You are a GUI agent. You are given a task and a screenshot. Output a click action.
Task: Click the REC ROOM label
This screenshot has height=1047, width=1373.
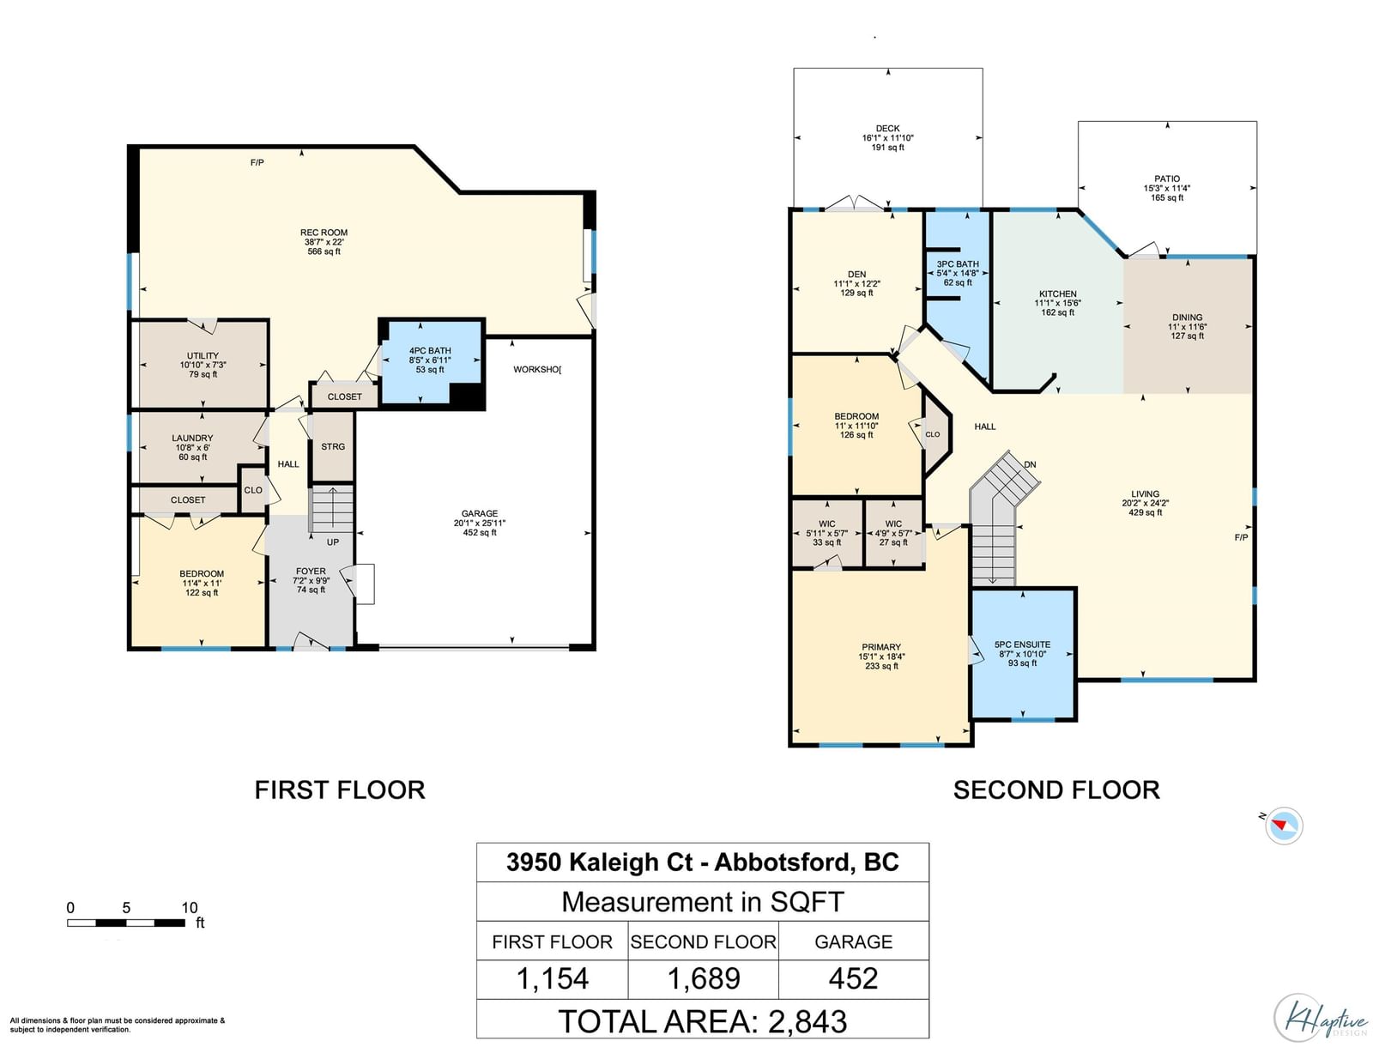pyautogui.click(x=324, y=233)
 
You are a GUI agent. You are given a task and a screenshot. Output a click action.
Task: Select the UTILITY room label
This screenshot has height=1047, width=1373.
pyautogui.click(x=203, y=356)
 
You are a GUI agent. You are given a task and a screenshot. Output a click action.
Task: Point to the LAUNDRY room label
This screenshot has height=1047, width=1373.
pyautogui.click(x=193, y=439)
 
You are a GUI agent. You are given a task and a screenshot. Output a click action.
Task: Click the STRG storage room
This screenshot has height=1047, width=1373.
pyautogui.click(x=333, y=446)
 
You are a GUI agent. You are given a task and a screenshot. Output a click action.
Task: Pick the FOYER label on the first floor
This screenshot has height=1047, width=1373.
pyautogui.click(x=311, y=571)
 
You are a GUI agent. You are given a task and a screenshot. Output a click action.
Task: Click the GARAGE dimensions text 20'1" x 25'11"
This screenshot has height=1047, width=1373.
pyautogui.click(x=480, y=523)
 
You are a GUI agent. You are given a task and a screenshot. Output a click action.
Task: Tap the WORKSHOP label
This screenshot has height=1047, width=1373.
pyautogui.click(x=537, y=370)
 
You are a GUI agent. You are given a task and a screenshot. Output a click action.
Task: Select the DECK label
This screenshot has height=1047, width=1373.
pyautogui.click(x=887, y=129)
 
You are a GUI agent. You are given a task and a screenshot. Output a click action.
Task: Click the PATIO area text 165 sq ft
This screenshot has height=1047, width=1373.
pyautogui.click(x=1167, y=197)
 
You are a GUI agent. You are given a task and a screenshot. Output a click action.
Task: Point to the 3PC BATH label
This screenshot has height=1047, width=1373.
pyautogui.click(x=958, y=264)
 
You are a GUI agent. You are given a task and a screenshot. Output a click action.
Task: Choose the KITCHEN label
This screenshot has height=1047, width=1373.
pyautogui.click(x=1058, y=294)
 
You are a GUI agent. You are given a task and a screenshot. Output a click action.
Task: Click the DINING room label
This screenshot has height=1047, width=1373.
pyautogui.click(x=1188, y=317)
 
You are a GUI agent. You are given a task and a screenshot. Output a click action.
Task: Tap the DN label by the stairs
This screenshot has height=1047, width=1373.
pyautogui.click(x=1031, y=464)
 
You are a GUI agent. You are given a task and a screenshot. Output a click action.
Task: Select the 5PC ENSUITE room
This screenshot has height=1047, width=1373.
pyautogui.click(x=1023, y=654)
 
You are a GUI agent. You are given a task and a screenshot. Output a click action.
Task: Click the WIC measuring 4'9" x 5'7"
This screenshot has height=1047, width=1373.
pyautogui.click(x=894, y=534)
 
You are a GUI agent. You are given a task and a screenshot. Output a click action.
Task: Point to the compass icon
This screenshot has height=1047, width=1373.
pyautogui.click(x=1284, y=826)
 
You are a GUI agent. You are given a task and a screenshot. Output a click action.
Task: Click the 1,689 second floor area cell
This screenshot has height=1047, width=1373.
pyautogui.click(x=704, y=979)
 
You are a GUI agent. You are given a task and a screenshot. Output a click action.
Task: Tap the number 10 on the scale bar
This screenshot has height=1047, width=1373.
pyautogui.click(x=190, y=907)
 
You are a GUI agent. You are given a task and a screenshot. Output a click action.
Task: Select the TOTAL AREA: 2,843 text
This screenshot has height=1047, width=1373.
pyautogui.click(x=703, y=1021)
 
